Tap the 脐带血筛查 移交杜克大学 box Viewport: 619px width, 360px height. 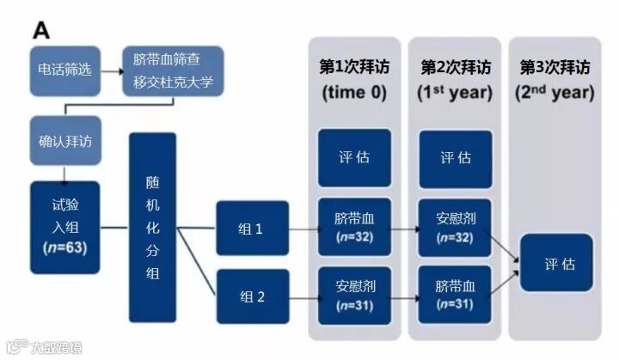click(x=173, y=71)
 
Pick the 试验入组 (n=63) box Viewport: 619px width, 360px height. click(x=64, y=224)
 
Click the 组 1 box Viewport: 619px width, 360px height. click(x=252, y=229)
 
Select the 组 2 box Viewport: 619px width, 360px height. click(x=252, y=296)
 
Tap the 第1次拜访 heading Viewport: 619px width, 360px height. click(x=355, y=67)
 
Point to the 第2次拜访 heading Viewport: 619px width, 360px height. click(x=457, y=67)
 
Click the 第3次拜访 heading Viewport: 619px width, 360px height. click(x=555, y=67)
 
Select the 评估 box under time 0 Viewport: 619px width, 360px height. click(x=355, y=158)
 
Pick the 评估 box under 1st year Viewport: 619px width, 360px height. click(x=456, y=158)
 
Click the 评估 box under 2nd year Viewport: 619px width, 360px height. click(x=556, y=262)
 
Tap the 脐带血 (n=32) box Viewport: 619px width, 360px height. click(x=355, y=227)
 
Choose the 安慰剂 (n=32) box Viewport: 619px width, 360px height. click(x=456, y=227)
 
